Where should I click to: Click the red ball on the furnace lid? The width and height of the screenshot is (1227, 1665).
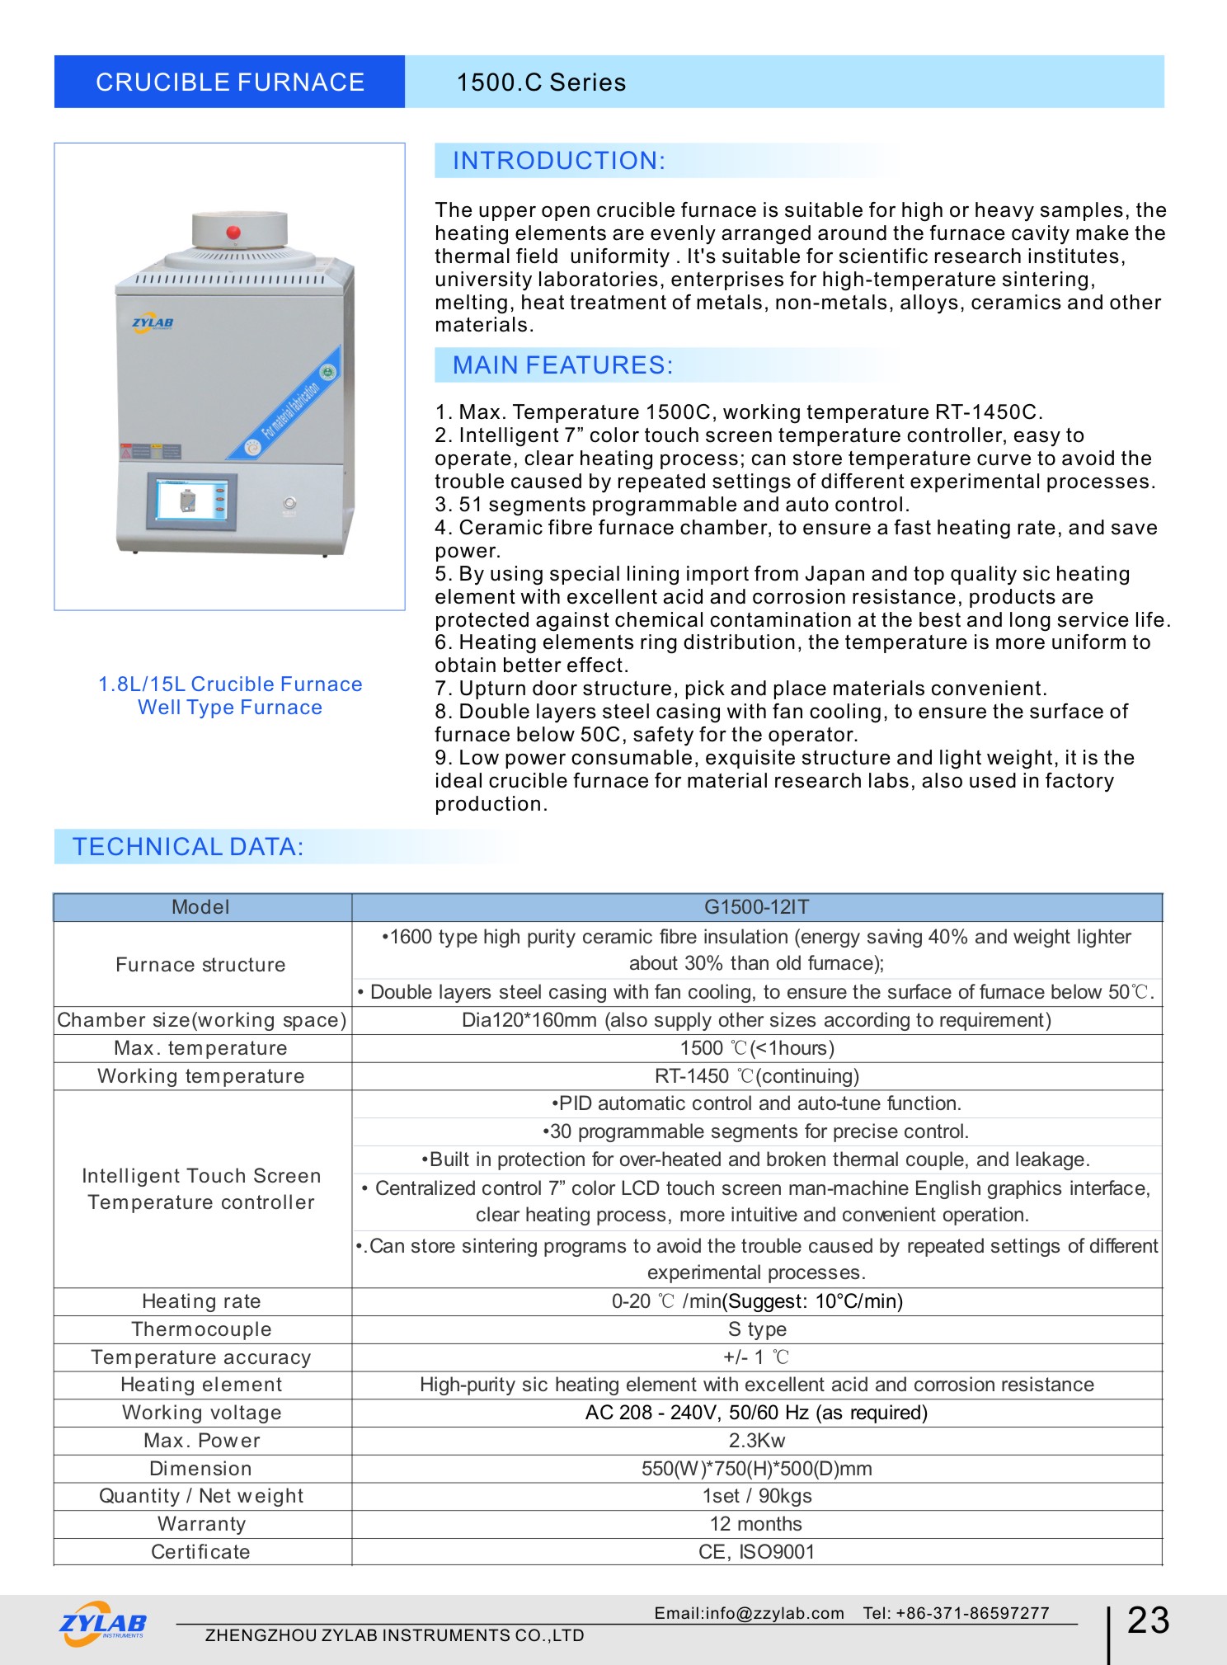point(233,232)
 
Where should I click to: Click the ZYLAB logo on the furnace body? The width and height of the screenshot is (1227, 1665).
point(153,323)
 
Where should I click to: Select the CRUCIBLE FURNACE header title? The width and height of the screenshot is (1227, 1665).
point(229,82)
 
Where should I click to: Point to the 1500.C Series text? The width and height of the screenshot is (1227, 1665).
point(541,82)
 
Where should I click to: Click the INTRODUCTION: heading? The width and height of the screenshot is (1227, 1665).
point(558,161)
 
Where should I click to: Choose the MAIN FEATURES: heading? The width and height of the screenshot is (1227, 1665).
point(562,365)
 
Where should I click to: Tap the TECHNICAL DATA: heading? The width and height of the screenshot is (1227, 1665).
point(188,847)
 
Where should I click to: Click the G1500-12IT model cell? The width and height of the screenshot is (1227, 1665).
point(756,907)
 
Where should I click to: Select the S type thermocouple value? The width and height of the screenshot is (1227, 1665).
point(756,1329)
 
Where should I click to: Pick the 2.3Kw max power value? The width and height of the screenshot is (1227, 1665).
point(756,1441)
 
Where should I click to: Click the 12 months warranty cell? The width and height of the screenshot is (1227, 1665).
point(756,1524)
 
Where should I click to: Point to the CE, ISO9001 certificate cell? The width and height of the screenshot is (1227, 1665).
point(756,1552)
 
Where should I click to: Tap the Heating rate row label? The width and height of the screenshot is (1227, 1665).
point(201,1301)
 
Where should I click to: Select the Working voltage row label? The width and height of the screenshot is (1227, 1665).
point(201,1413)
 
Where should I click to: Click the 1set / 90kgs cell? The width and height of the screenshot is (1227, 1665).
point(756,1496)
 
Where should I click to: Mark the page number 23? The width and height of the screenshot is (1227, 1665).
point(1148,1620)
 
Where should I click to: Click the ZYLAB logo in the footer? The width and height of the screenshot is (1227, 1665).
point(103,1624)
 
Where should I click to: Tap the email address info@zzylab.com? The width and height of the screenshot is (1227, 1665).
point(749,1613)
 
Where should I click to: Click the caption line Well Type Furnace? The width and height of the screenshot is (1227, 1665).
point(230,708)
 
